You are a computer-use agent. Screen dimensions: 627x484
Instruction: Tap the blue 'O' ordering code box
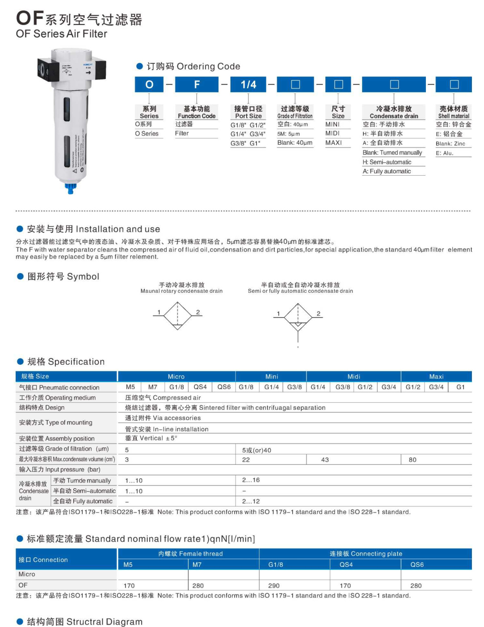149,84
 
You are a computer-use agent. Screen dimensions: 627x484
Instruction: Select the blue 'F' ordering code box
197,84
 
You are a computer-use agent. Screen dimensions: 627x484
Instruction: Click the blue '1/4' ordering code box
248,84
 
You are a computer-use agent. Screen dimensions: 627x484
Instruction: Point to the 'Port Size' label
248,116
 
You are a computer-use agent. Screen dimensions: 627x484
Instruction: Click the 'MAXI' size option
333,143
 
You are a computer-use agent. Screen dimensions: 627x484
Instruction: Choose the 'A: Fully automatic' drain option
387,171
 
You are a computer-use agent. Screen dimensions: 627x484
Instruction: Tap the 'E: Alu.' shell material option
444,153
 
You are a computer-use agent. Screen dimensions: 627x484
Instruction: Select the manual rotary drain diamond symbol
177,316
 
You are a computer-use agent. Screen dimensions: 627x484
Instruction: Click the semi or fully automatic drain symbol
298,317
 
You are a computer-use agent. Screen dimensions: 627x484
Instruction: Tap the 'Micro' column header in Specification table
176,376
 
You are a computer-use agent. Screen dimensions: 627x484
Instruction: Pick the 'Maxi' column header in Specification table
436,376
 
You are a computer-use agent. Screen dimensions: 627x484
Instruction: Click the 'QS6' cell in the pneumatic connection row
224,387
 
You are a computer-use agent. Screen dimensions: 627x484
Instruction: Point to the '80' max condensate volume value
412,459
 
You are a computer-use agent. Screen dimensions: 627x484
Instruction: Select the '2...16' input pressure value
251,480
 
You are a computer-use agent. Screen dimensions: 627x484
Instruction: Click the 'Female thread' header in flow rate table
190,554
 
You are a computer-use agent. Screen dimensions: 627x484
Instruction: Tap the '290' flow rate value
274,585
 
